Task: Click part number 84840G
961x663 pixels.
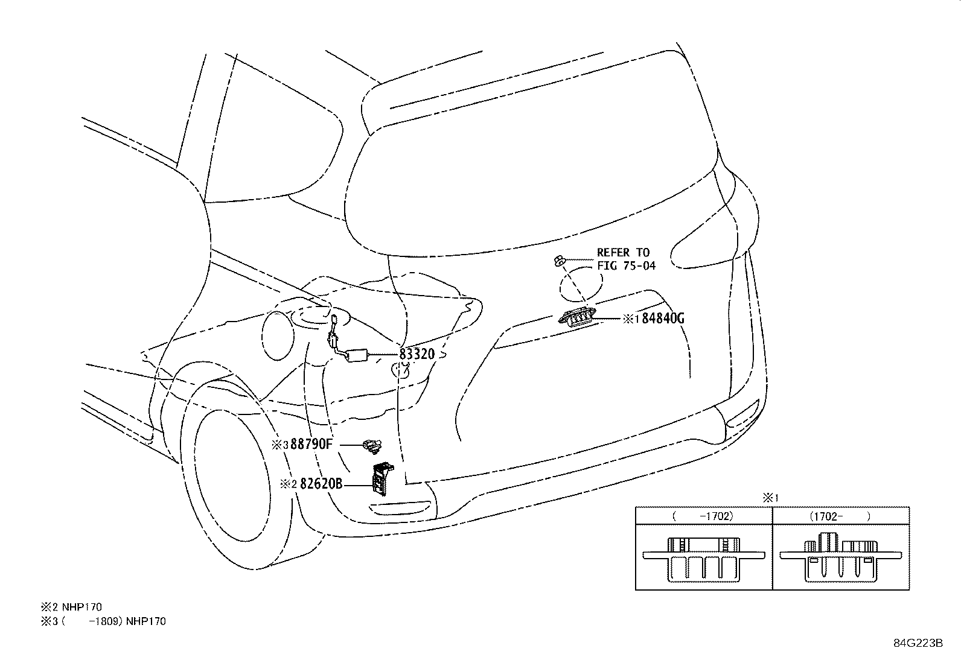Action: coord(662,319)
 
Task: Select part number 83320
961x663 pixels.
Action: coord(417,354)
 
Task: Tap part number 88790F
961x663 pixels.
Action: coord(311,445)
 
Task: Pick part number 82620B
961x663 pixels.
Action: coord(321,483)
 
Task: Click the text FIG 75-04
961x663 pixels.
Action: coord(626,265)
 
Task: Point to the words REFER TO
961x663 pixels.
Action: coord(623,253)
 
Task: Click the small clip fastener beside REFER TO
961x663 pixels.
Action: coord(559,261)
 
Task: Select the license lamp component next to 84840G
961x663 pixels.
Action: coord(579,317)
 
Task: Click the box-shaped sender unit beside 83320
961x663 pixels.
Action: coord(359,355)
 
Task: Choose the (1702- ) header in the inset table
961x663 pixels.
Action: coord(840,516)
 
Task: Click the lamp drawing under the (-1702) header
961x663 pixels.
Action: coord(704,559)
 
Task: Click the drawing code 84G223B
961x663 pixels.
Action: coord(918,642)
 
